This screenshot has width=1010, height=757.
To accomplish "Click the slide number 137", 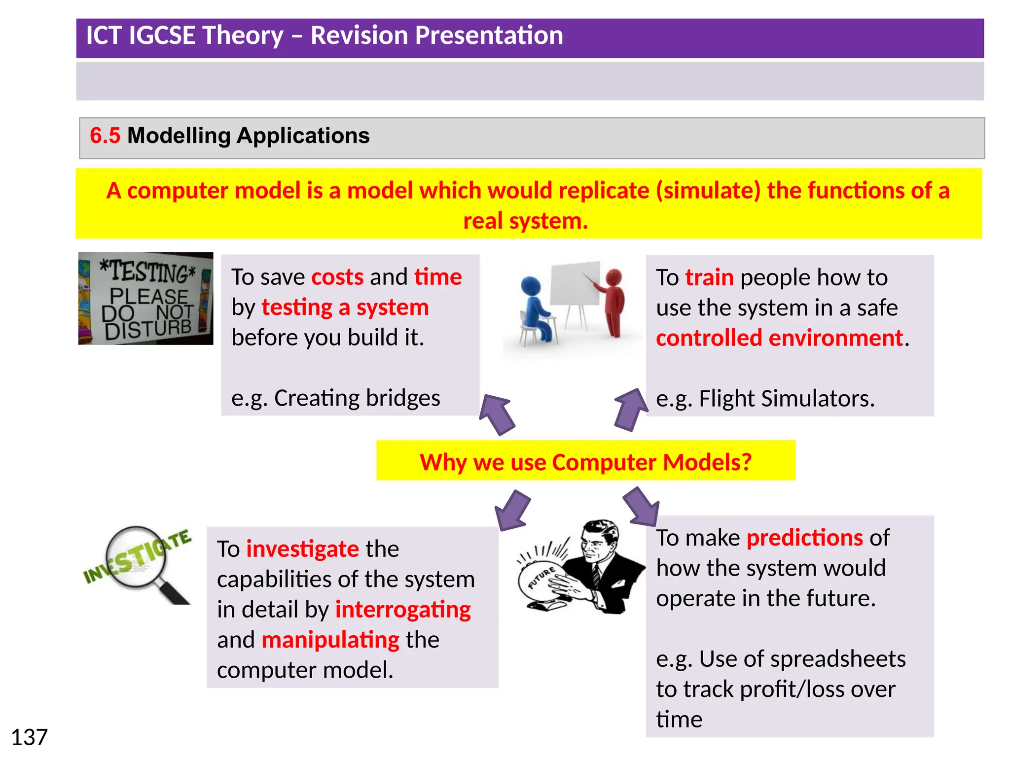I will click(29, 737).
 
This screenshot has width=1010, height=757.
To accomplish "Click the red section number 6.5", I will click(105, 136).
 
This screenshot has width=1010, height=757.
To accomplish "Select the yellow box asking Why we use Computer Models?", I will click(585, 461).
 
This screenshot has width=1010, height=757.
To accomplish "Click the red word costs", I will click(337, 277).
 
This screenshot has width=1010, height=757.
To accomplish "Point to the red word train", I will click(709, 277).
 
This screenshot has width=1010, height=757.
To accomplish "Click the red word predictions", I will click(804, 538).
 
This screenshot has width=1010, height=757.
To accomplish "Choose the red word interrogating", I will click(403, 610).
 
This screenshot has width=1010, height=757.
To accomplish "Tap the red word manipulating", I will click(330, 640).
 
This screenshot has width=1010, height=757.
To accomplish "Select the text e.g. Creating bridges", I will click(335, 398).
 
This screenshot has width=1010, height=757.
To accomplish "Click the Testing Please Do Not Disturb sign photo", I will click(146, 299).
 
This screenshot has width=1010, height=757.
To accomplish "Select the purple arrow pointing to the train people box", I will click(630, 409).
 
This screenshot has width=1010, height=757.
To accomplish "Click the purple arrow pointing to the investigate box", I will click(513, 510).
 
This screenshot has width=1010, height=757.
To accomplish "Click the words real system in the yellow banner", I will click(525, 221).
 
